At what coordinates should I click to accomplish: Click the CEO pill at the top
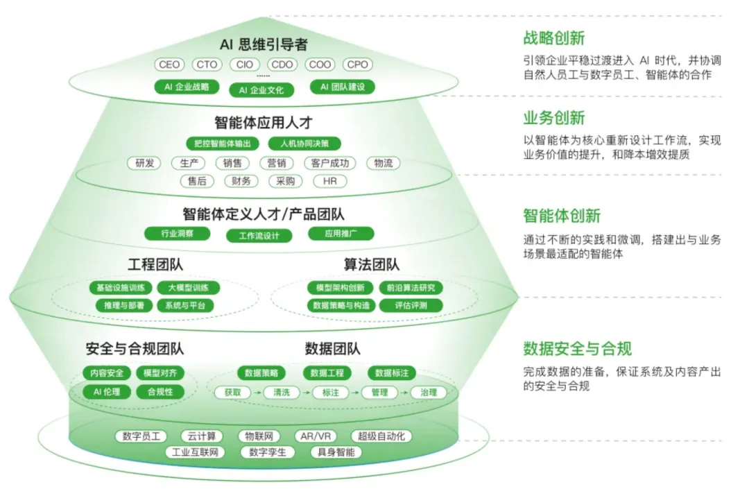pos(169,65)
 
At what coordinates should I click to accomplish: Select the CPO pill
pos(358,65)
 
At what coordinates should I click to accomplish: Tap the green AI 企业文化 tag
pos(261,89)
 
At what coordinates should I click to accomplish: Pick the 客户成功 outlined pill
pos(330,164)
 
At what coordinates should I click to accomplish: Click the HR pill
pos(330,181)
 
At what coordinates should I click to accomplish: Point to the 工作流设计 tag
pos(259,236)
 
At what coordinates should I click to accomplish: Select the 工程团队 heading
pos(156,265)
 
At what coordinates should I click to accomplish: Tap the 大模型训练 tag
pos(184,288)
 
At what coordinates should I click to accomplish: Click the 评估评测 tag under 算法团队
pos(412,305)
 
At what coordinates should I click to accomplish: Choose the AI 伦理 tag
pos(107,392)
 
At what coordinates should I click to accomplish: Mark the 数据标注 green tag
pos(392,373)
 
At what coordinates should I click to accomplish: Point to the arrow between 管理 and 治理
pos(403,392)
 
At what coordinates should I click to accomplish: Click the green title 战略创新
pos(553,38)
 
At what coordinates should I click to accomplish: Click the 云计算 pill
pos(201,436)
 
